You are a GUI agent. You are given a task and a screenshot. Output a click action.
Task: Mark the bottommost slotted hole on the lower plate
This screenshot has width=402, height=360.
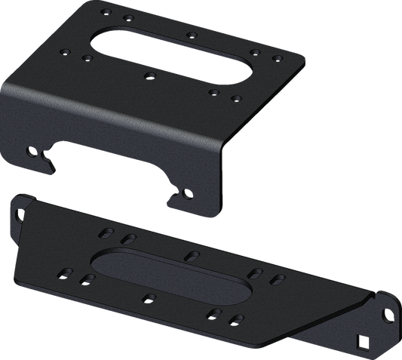(237, 318)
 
